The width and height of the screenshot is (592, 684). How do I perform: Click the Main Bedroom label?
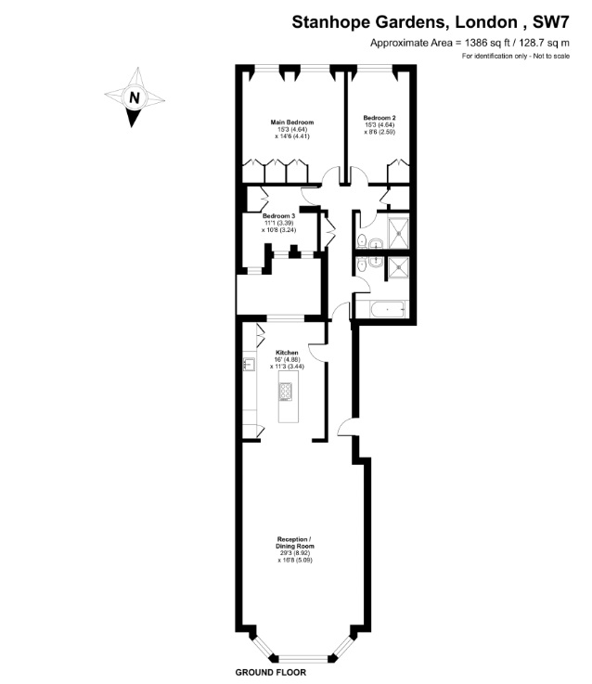pos(292,123)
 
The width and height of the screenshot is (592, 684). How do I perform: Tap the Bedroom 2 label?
pos(380,118)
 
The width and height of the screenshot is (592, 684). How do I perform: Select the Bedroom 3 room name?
pos(278,216)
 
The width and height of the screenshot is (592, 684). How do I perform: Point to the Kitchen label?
pos(287,353)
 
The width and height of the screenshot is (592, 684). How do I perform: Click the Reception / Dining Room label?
pos(294,543)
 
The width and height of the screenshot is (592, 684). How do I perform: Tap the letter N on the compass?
pos(135,97)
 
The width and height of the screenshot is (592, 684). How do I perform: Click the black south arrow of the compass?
pos(132,117)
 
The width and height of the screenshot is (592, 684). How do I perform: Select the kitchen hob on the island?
pos(285,392)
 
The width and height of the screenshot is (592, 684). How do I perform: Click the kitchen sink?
pos(249,364)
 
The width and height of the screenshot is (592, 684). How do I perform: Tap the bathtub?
pos(387,310)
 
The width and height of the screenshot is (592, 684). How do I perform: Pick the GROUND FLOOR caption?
pos(270,672)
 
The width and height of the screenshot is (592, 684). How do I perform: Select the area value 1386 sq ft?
pos(490,43)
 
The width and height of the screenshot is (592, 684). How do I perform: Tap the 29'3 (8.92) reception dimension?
pos(295,553)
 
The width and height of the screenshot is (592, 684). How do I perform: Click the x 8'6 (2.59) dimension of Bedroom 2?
pos(380,131)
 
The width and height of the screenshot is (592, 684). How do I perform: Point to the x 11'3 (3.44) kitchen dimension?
pos(287,367)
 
